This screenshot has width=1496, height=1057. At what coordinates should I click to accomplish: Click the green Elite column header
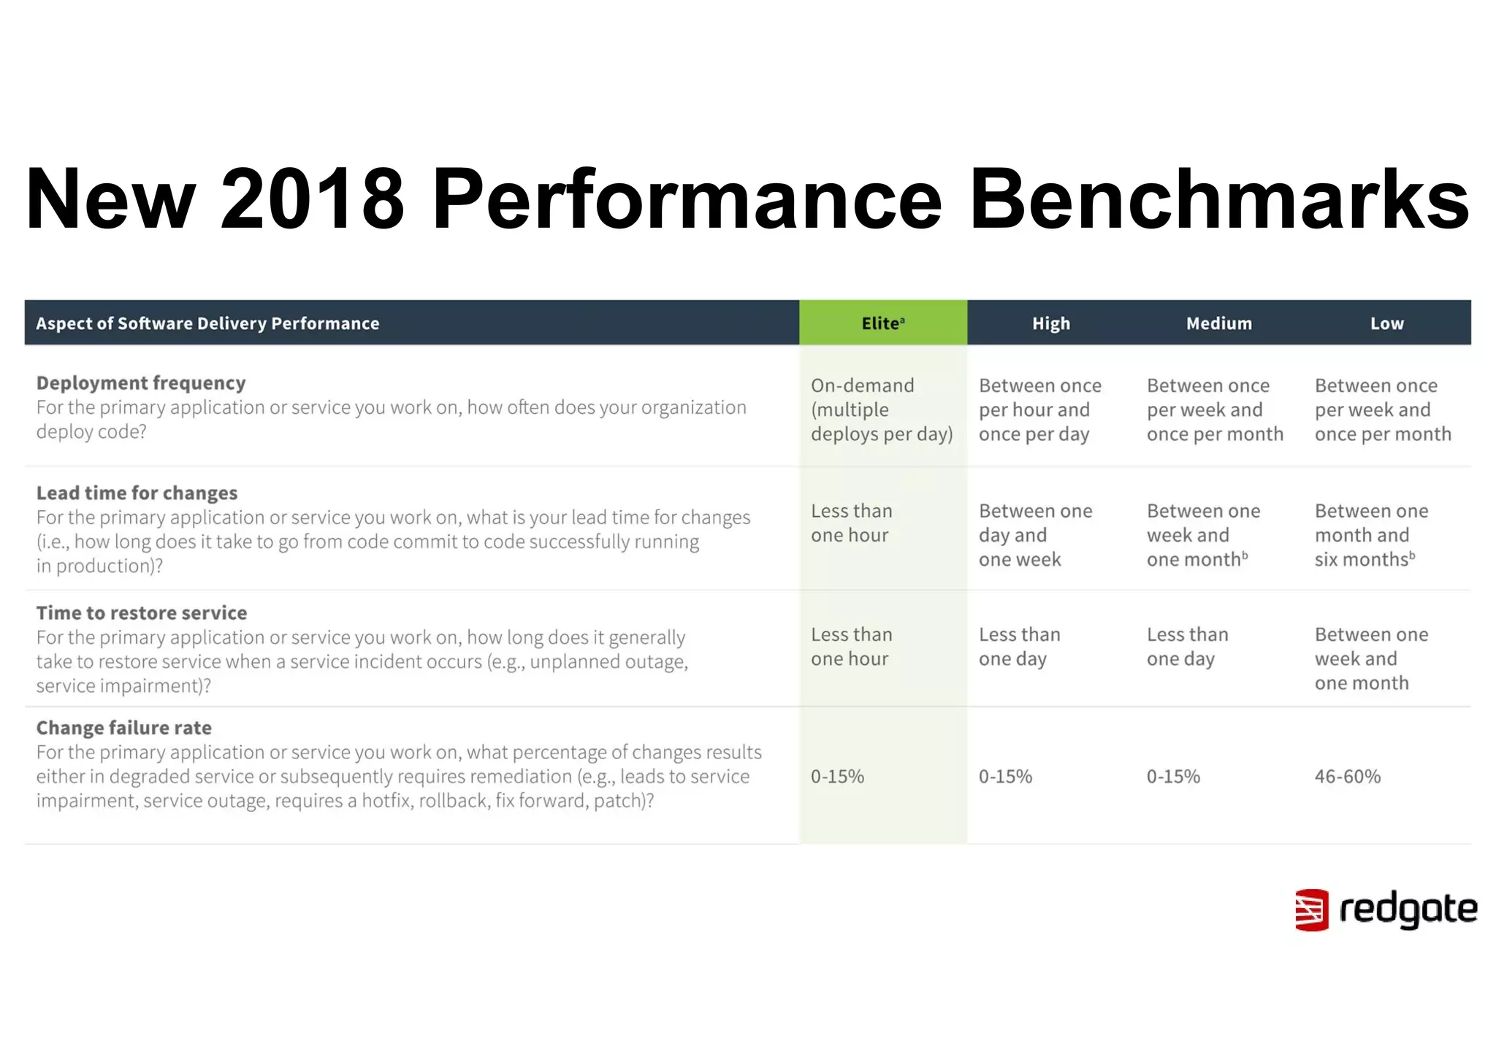(x=882, y=323)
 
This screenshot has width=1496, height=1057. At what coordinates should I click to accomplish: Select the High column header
(x=1050, y=323)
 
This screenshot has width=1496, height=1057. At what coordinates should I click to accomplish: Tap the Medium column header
(x=1218, y=323)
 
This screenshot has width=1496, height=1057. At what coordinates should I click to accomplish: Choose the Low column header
(x=1386, y=323)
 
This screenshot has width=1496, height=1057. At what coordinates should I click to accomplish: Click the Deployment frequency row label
(x=141, y=383)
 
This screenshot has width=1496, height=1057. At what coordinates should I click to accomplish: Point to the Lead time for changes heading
(x=137, y=493)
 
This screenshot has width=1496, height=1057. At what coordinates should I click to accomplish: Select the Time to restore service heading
(x=142, y=612)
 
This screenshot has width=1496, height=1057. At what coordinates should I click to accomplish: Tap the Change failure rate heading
(x=124, y=728)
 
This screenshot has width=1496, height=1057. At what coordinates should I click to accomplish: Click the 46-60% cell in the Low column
(x=1347, y=776)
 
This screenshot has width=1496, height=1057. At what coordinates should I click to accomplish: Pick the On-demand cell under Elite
(x=881, y=410)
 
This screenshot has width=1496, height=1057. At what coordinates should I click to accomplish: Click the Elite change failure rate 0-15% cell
(x=837, y=776)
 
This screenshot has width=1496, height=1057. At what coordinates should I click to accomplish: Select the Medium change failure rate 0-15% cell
(x=1173, y=776)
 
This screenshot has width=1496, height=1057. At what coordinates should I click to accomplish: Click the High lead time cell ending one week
(x=1034, y=535)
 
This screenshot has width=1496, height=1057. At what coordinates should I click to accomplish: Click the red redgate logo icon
(x=1311, y=910)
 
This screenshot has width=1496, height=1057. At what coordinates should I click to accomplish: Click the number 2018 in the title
(x=312, y=199)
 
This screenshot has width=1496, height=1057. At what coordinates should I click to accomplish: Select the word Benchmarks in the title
(x=1218, y=199)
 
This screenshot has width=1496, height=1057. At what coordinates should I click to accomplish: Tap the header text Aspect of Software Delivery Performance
(x=207, y=323)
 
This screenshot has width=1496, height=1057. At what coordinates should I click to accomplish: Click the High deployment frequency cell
(x=1039, y=410)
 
